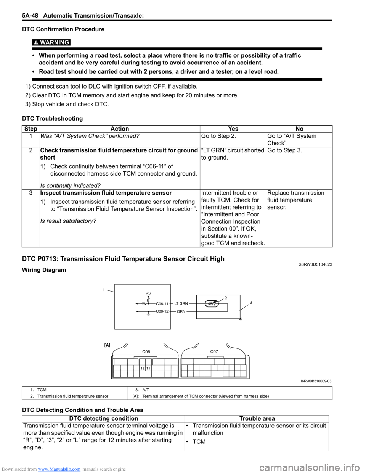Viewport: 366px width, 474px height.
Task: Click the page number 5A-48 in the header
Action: [30, 16]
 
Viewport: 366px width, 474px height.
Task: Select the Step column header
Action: [30, 129]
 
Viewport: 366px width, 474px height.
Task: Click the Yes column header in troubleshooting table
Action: [233, 129]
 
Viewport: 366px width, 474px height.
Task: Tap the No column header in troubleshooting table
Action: [299, 129]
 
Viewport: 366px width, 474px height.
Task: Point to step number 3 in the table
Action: [30, 193]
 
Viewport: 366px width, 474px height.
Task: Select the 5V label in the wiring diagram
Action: [149, 294]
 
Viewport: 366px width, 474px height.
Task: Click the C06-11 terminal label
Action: [162, 304]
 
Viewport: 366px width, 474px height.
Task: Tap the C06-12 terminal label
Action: [162, 311]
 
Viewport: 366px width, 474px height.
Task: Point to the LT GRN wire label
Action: [181, 304]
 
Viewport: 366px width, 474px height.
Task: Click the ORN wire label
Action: [181, 312]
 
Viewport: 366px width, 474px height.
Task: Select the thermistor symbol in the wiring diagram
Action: [212, 304]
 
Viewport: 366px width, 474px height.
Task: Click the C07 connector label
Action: [214, 351]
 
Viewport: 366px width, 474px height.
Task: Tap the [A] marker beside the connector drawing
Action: [107, 345]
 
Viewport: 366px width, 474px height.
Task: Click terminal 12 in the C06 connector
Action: [142, 368]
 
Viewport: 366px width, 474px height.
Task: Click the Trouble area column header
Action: [257, 419]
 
